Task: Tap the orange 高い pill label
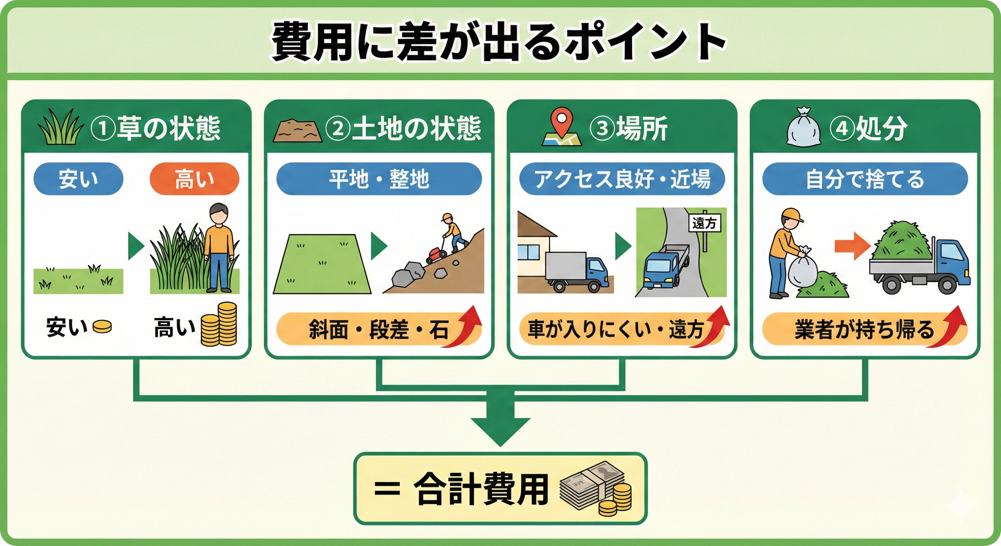point(194,179)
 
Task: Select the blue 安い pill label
point(78,179)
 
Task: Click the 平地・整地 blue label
point(379,179)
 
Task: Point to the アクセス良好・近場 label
point(622,179)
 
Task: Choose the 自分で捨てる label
point(864,179)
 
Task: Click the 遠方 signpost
point(704,223)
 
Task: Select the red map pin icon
point(560,123)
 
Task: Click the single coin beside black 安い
point(103,326)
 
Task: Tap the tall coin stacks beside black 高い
point(219,325)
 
